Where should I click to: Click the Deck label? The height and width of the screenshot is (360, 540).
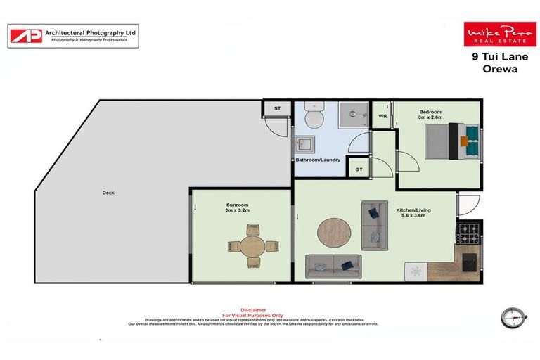tap(108, 193)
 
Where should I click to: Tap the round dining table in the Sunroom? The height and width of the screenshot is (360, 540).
tap(251, 246)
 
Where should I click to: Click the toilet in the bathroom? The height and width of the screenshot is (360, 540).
tap(314, 117)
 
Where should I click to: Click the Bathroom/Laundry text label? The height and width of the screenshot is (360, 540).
tap(318, 160)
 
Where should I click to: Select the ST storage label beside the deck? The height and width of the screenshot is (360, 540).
tap(276, 108)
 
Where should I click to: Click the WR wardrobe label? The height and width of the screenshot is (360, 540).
tap(382, 116)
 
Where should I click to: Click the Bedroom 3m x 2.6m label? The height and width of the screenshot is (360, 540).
tap(430, 115)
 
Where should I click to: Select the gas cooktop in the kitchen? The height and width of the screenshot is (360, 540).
tap(468, 231)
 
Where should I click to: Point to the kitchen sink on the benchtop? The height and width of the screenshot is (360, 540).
tap(416, 271)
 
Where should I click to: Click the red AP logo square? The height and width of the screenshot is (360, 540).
tap(25, 36)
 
